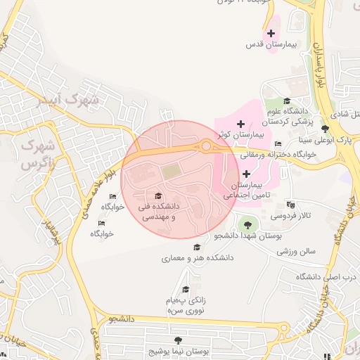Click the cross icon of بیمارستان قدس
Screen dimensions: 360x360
(x=271, y=33)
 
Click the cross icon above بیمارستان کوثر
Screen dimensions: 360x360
(x=240, y=124)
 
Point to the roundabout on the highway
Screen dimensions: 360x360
(x=207, y=146)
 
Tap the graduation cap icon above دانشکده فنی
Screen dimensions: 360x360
(x=158, y=196)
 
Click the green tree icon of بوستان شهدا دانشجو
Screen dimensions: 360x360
(x=246, y=224)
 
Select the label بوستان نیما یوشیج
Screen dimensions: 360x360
(x=175, y=349)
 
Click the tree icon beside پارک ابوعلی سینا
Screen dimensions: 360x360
(x=324, y=129)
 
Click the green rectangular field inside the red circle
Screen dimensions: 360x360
(x=171, y=172)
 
